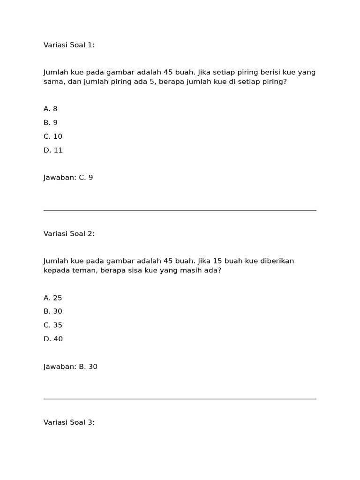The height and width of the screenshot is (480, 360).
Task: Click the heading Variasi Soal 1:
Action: click(x=69, y=45)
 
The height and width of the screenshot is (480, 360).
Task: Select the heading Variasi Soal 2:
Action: click(x=69, y=233)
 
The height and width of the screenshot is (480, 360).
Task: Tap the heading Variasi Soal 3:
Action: click(x=69, y=422)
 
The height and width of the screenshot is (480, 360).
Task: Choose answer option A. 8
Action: click(x=51, y=109)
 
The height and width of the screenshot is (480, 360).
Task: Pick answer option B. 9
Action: click(x=51, y=122)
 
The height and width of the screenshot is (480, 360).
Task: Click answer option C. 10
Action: click(x=53, y=136)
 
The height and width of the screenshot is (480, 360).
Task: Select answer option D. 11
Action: click(x=53, y=150)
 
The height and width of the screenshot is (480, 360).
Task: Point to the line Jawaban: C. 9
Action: click(x=68, y=178)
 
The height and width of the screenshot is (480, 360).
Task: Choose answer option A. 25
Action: click(x=53, y=298)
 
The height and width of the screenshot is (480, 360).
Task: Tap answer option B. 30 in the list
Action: click(x=53, y=311)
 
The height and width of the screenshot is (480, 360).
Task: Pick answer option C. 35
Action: click(x=53, y=325)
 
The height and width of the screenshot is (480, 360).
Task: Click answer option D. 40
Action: click(x=53, y=339)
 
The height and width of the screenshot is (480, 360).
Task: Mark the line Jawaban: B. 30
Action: click(x=70, y=367)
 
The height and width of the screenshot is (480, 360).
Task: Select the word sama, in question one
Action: click(x=53, y=82)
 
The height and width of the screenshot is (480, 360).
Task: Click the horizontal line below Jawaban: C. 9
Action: click(x=180, y=210)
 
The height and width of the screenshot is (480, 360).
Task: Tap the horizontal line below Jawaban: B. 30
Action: click(x=180, y=399)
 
